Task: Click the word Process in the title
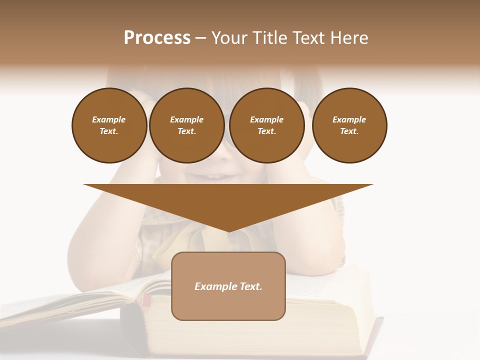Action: pos(157,38)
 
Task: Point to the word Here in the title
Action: pos(348,38)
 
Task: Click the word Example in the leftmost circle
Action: pos(109,119)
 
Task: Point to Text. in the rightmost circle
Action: pos(349,131)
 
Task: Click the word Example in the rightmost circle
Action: pos(349,119)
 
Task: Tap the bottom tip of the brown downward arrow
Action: pos(228,231)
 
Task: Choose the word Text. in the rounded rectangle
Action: pos(251,286)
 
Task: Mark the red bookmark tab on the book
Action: pos(146,300)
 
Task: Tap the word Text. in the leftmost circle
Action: pos(109,131)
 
